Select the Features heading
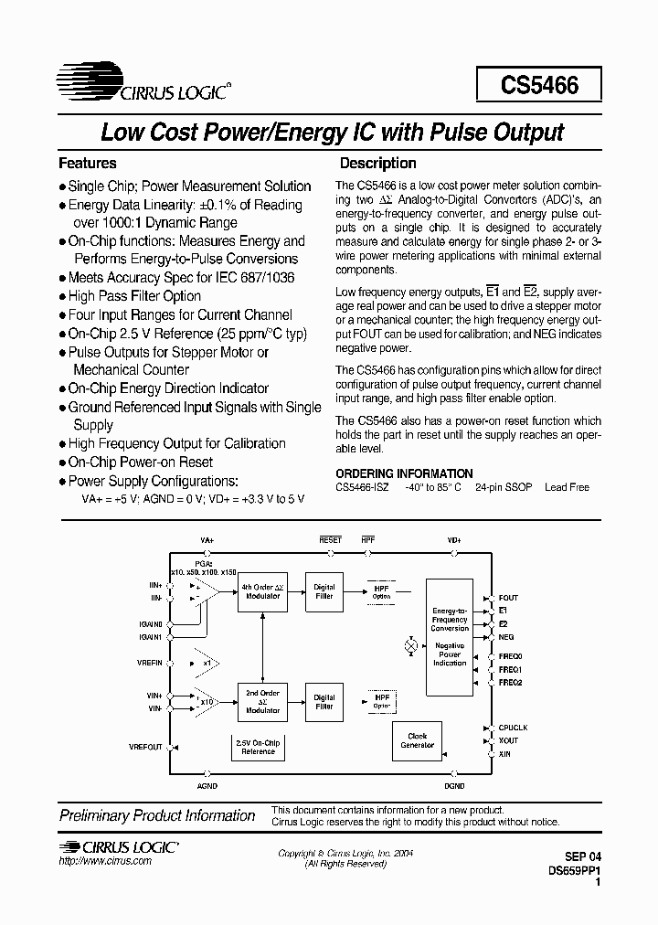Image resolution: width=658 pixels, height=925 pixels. [x=88, y=164]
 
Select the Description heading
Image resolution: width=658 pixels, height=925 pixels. [x=377, y=164]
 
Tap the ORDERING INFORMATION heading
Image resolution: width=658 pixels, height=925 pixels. [x=404, y=473]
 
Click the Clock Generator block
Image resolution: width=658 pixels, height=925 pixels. [x=417, y=740]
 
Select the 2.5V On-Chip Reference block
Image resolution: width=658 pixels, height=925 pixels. [x=258, y=748]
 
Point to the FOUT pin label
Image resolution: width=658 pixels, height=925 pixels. [x=509, y=598]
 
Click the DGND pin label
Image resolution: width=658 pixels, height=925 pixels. [x=454, y=786]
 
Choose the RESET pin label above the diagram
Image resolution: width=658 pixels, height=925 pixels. [x=330, y=540]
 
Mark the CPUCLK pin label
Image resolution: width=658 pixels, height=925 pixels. [x=513, y=728]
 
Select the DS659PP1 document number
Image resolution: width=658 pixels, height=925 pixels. [x=569, y=872]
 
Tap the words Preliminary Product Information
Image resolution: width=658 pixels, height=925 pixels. [x=157, y=815]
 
